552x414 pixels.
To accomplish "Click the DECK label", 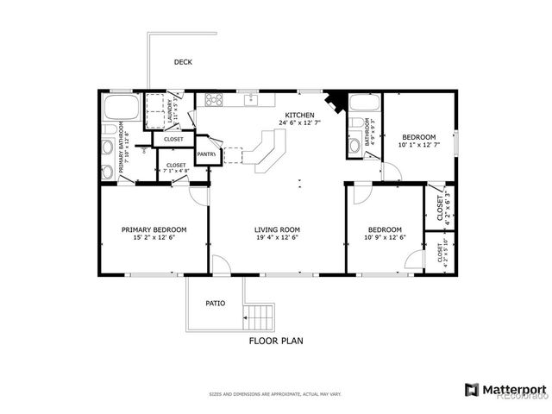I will tap(183, 62).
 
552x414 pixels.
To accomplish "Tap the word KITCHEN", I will tap(299, 114).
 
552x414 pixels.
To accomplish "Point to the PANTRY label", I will tap(206, 154).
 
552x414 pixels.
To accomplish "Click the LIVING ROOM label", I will tap(277, 229).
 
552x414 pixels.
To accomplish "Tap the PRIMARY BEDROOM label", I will tap(154, 229).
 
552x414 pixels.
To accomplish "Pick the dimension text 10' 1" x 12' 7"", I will tap(418, 145).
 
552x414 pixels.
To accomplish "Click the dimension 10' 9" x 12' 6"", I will tap(384, 238).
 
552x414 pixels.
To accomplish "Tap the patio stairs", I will tap(259, 317).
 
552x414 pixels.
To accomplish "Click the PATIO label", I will tap(215, 304).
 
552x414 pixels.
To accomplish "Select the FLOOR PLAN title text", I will tap(276, 341).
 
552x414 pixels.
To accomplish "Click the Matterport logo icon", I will tap(470, 390).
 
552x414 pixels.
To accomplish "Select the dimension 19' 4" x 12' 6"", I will tap(277, 238).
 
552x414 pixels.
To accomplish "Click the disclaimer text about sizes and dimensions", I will tap(275, 394).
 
